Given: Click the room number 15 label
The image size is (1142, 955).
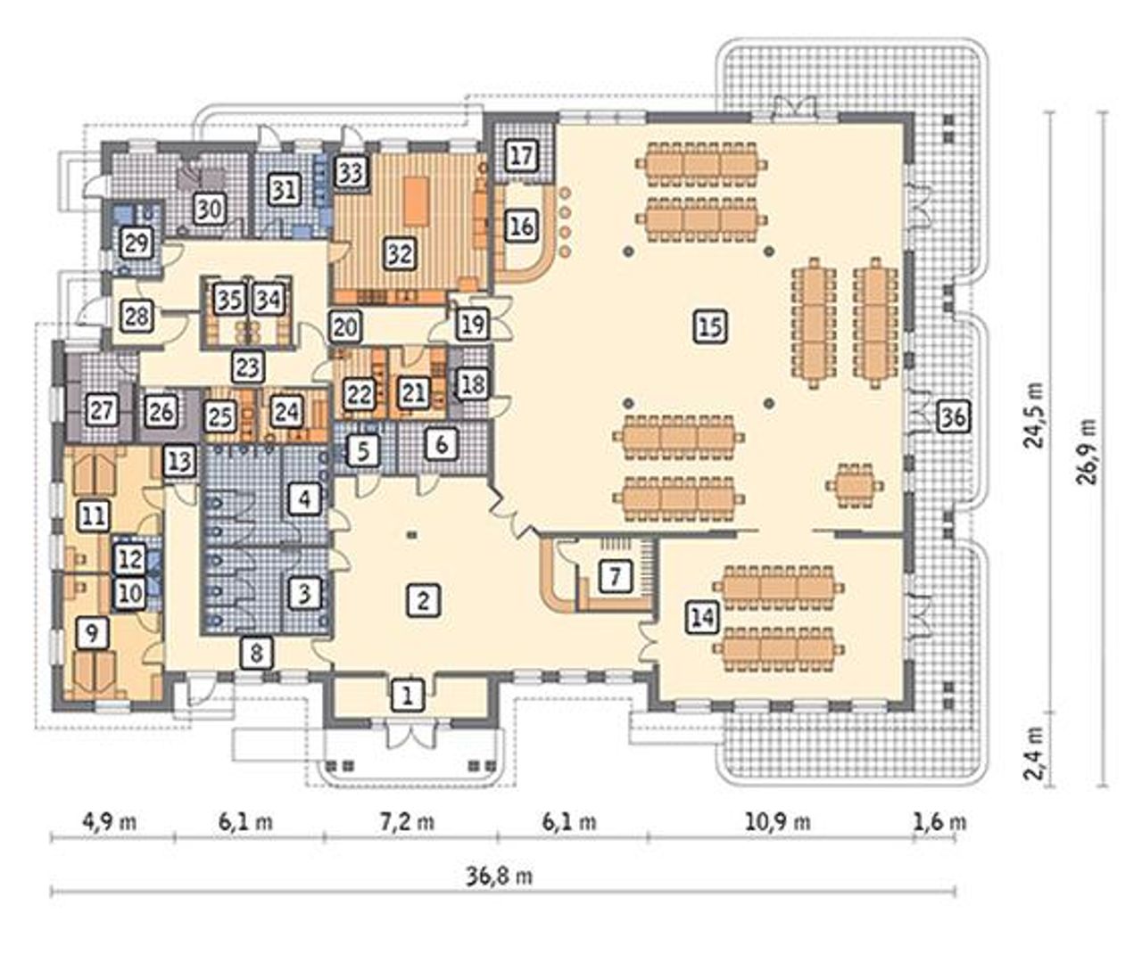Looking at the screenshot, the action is (x=710, y=326).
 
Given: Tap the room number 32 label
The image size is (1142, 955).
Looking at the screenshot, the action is (x=400, y=253).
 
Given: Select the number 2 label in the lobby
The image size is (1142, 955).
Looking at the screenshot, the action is (x=423, y=601).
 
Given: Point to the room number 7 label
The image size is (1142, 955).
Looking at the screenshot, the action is (x=615, y=576).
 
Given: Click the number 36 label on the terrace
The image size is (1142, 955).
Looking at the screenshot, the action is (x=954, y=417).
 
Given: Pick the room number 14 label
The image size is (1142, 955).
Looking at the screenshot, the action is (x=703, y=617).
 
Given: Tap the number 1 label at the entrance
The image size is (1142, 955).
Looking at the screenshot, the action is (x=407, y=696).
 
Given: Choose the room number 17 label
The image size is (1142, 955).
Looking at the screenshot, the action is (x=521, y=156).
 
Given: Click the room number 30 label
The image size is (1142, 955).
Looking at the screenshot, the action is (x=211, y=210).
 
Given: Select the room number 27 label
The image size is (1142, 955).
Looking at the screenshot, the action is (x=103, y=410).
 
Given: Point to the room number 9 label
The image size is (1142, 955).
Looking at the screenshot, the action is (x=92, y=633).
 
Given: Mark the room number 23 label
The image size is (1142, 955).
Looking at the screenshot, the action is (x=248, y=366).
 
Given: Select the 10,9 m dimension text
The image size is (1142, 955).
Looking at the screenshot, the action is (x=778, y=822).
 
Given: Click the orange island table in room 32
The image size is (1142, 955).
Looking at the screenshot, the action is (x=417, y=201).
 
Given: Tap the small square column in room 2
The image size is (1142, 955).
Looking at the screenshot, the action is (x=412, y=534).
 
